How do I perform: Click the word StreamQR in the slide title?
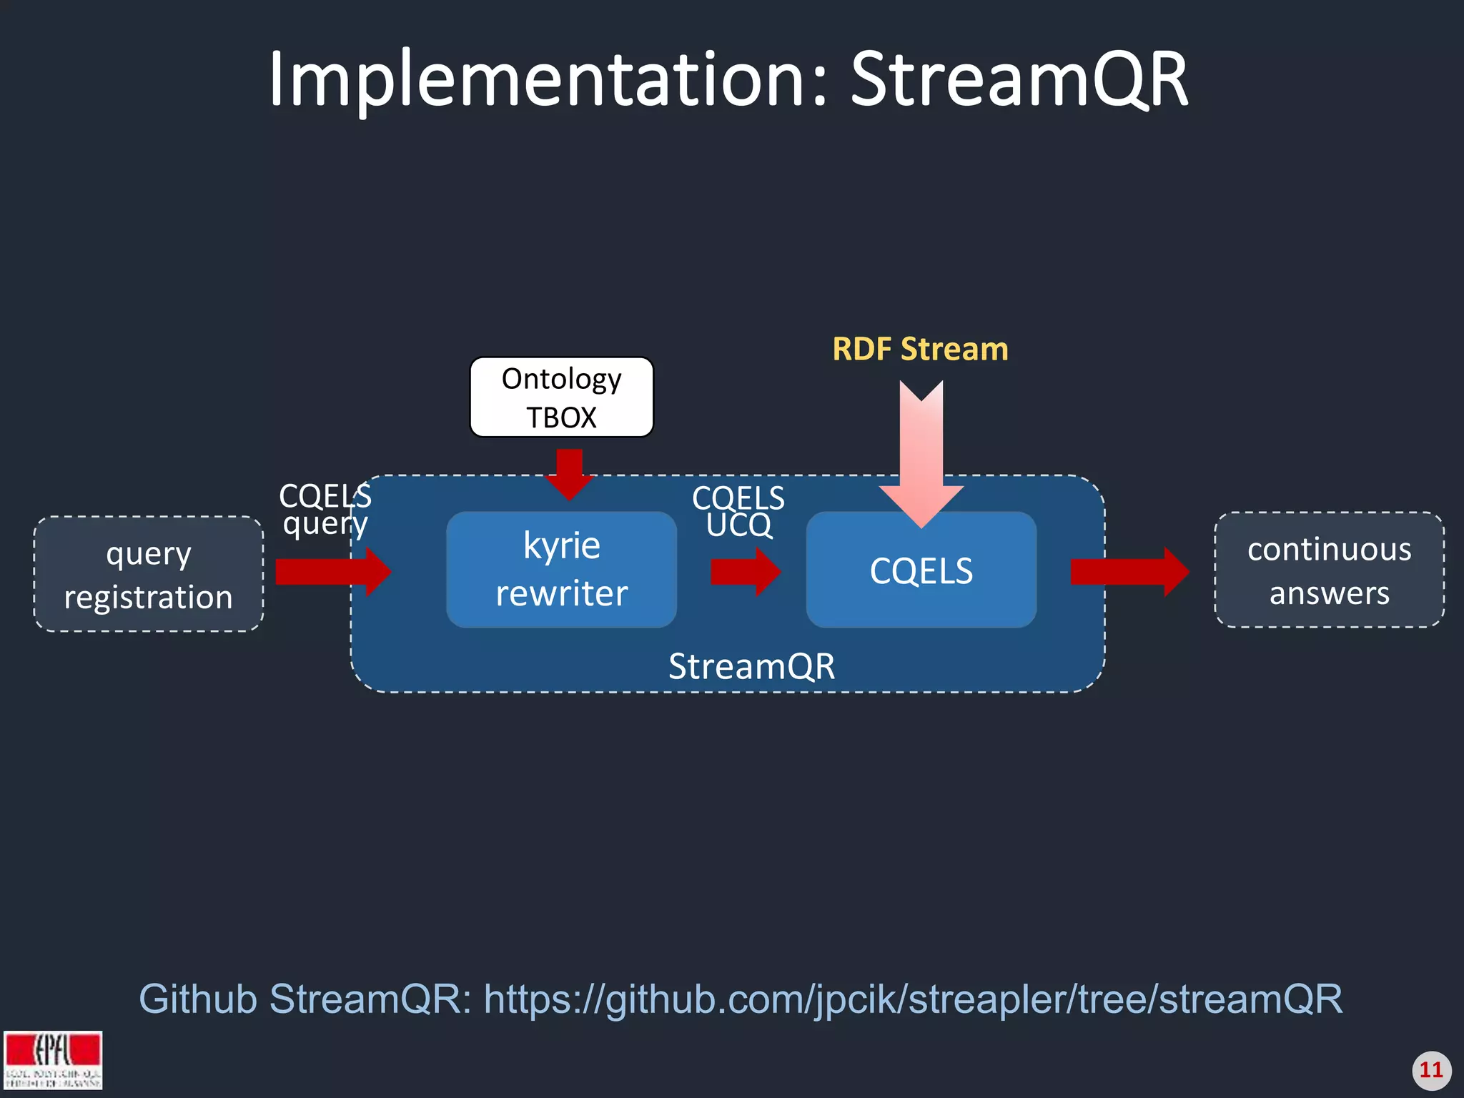point(1019,80)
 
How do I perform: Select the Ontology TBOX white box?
point(561,397)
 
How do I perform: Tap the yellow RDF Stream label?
point(920,350)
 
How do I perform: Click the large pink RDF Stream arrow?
point(921,457)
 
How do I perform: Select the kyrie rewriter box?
point(561,570)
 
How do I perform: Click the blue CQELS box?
point(921,570)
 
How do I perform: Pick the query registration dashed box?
point(149,575)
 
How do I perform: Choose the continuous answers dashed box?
point(1329,570)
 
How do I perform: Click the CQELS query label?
point(325,509)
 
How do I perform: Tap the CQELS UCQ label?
point(738,512)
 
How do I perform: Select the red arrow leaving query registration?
point(332,571)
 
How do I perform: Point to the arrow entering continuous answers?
point(1129,571)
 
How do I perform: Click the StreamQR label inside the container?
point(751,666)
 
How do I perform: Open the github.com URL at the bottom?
point(913,999)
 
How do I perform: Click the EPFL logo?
point(53,1059)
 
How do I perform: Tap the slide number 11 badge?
point(1431,1070)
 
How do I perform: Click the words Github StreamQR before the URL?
point(304,999)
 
